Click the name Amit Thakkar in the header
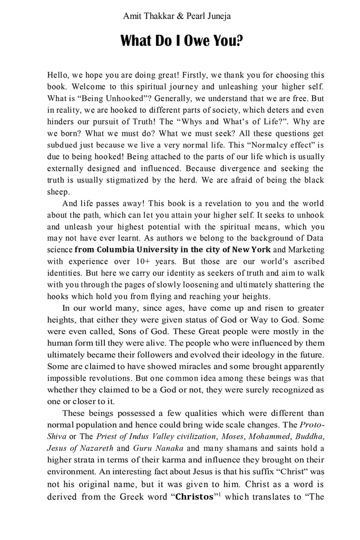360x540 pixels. (148, 16)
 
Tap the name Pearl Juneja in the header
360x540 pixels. (208, 16)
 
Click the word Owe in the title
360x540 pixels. (192, 41)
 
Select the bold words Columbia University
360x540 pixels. (140, 249)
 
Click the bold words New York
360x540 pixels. (252, 249)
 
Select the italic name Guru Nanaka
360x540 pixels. (153, 448)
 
